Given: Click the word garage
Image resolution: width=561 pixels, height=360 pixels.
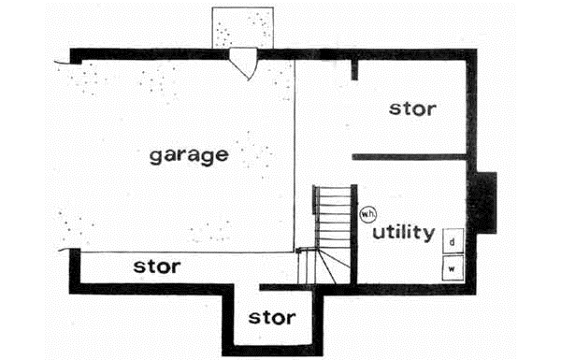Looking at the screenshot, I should point(188,154).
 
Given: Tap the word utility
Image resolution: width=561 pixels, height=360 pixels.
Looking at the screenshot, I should point(403,231).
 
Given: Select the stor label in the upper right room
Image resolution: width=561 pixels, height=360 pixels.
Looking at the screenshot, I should point(411,108).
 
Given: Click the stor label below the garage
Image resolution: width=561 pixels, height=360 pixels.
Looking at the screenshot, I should point(156,266).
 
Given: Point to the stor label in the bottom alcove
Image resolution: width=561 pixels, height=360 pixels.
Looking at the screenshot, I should point(272,318).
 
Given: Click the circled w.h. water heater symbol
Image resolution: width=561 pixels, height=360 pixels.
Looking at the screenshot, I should point(367,214).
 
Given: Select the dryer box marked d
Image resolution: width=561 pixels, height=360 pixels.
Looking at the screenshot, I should point(452,241).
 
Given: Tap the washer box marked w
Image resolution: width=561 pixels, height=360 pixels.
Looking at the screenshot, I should point(452,268).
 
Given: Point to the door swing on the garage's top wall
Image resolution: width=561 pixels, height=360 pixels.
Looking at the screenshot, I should point(245,64).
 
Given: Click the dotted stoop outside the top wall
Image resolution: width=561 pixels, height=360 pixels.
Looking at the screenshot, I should point(243,28).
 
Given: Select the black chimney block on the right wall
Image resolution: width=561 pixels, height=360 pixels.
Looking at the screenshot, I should point(483,203).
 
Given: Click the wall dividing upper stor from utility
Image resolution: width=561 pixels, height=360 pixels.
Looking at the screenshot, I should point(409,156).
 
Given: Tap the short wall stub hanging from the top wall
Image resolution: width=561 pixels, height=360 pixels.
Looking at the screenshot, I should point(354,69).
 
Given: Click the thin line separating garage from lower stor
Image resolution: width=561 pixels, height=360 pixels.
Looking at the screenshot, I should point(182,252).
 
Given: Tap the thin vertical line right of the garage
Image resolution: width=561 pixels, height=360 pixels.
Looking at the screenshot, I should point(295,150).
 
